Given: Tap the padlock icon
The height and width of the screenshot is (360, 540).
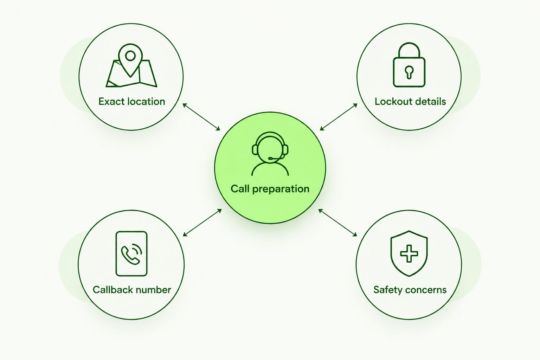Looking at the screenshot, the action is click(x=409, y=65).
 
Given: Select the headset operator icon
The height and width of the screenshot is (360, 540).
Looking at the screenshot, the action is click(x=270, y=154).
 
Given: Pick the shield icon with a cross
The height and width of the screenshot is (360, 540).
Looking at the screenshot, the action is click(x=409, y=253).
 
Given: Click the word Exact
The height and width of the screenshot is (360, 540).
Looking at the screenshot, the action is click(x=111, y=102).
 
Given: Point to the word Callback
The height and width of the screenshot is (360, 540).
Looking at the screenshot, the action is click(x=110, y=290).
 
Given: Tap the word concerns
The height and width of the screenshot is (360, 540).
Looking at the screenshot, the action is click(x=424, y=290).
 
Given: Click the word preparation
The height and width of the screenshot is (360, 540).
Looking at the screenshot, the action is click(x=281, y=189).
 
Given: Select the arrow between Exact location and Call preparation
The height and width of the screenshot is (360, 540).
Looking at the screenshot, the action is click(x=201, y=117).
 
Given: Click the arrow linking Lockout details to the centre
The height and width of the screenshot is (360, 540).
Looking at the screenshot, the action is click(x=339, y=117).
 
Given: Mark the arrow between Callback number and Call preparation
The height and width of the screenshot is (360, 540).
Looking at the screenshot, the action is click(x=202, y=223).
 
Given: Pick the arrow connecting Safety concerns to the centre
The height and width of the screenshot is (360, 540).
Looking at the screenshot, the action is click(x=337, y=223).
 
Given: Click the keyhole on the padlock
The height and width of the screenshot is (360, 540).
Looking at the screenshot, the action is click(x=409, y=72).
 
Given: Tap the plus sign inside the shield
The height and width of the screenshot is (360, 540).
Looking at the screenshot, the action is click(x=409, y=253).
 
